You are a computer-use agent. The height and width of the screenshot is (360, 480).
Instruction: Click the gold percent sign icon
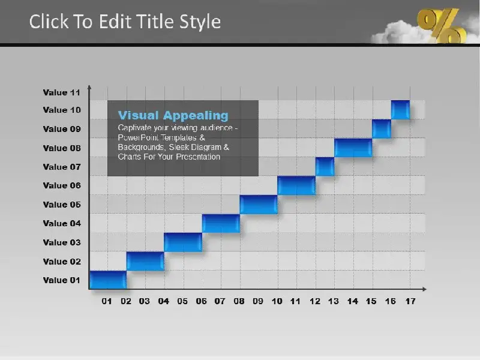(x=441, y=25)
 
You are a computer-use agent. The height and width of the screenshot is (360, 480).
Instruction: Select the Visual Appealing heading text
(x=173, y=115)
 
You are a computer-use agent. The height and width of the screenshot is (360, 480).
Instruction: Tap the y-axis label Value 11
(x=62, y=92)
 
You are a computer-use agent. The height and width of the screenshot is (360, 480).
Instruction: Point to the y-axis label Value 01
(x=62, y=280)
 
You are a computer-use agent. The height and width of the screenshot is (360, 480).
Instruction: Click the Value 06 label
(x=62, y=185)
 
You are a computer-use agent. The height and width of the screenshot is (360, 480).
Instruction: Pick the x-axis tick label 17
(x=410, y=301)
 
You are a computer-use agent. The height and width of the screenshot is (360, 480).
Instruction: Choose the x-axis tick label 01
(x=107, y=301)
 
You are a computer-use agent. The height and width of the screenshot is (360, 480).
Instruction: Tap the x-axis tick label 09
(x=258, y=301)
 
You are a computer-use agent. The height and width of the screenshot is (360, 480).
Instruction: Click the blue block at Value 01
(x=108, y=280)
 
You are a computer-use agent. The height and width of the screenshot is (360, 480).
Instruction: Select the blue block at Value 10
(x=400, y=110)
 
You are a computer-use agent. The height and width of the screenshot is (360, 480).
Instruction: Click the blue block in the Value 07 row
(x=325, y=167)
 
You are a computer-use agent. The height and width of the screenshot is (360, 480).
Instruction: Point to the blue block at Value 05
(x=259, y=204)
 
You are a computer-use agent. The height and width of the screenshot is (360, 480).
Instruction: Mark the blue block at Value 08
(x=353, y=148)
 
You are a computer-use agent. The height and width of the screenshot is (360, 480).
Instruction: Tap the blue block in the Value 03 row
(x=183, y=242)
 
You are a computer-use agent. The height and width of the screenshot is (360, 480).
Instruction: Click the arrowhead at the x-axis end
(x=425, y=289)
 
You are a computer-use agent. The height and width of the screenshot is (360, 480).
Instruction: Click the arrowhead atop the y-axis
(x=89, y=88)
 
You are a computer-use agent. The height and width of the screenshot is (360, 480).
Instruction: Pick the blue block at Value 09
(x=382, y=128)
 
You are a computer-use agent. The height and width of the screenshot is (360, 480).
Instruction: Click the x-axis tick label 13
(x=334, y=301)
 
